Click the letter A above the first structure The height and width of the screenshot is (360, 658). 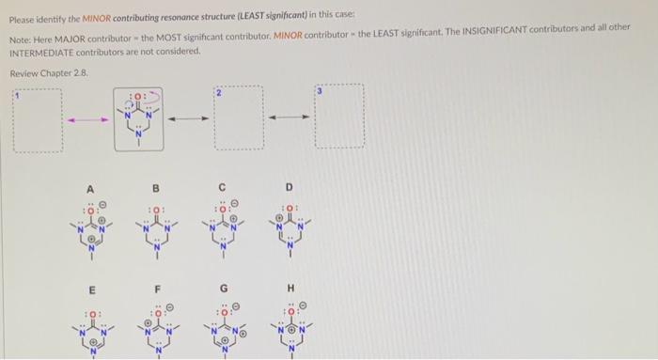pos(91,187)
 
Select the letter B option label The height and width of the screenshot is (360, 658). pos(156,187)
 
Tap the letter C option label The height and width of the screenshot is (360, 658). pos(223,187)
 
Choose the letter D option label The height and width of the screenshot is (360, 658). pos(290,187)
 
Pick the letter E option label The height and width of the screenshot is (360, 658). pos(91,288)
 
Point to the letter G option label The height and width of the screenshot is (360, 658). pos(223,288)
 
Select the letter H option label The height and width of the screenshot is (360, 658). pos(290,288)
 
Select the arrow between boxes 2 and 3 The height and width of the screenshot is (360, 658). pos(289,119)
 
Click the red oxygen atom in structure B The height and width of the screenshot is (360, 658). pos(156,210)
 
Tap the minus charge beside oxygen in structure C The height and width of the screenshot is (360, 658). pos(235,200)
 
